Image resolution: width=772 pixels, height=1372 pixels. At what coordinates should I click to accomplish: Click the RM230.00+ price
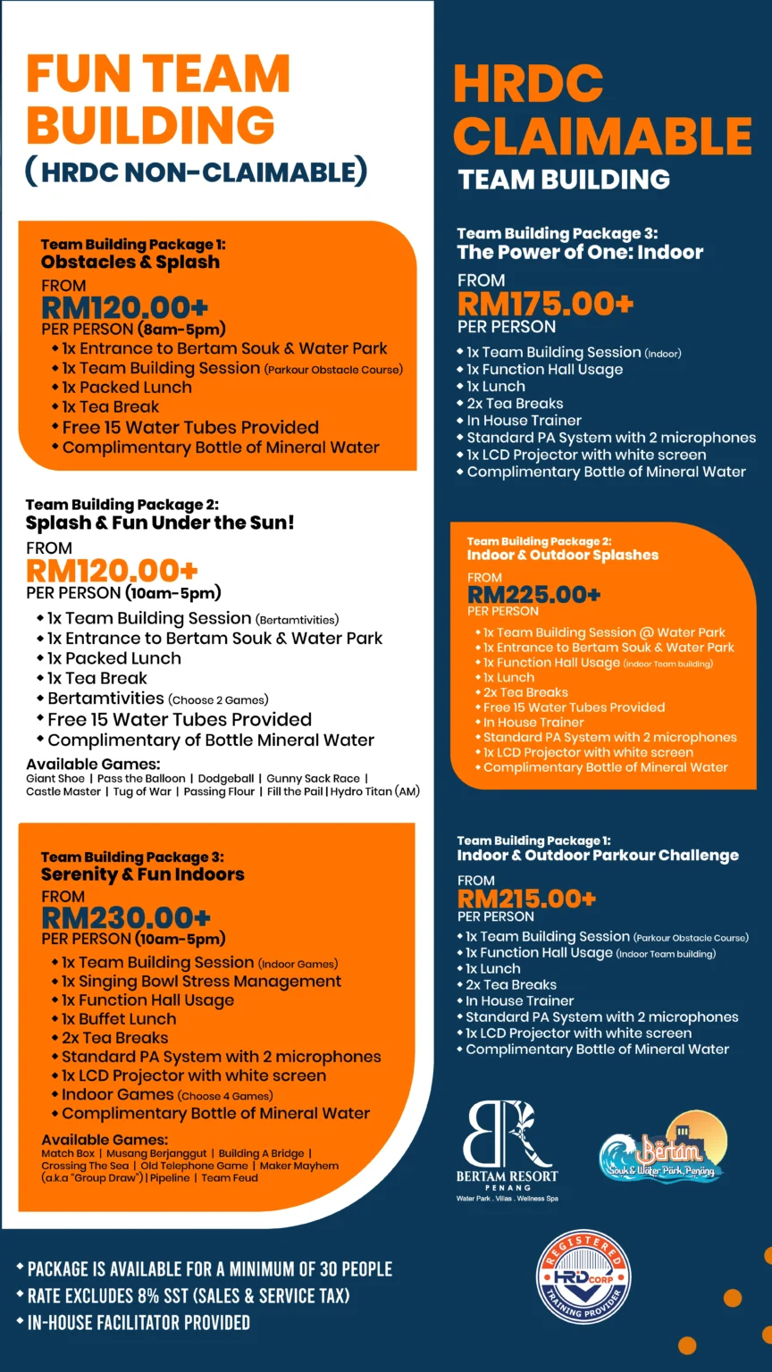point(126,917)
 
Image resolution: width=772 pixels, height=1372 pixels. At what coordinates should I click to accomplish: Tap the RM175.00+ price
point(545,304)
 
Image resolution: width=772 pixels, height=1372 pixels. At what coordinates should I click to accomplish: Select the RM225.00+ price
point(534,594)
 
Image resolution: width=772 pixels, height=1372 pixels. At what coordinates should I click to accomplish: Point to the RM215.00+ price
point(526,899)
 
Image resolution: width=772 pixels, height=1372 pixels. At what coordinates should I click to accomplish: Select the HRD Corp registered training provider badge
point(583,1276)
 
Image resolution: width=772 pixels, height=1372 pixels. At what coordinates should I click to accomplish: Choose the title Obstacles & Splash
point(130,262)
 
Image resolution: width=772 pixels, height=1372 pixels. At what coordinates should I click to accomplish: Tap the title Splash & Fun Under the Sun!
point(160,523)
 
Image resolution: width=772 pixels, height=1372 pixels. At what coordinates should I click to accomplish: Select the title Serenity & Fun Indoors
point(143,874)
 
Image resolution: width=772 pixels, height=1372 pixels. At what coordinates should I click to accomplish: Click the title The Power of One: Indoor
point(580,252)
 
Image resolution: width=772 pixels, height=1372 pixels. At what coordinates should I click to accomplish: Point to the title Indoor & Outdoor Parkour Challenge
point(598,855)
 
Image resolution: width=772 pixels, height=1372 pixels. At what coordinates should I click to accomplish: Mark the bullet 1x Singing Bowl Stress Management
point(201,981)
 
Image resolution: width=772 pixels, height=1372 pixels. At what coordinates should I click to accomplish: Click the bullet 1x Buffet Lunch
point(119,1018)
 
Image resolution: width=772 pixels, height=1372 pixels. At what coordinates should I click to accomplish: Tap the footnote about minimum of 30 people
point(210,1269)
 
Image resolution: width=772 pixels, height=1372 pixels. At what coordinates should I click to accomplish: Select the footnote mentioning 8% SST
point(189,1296)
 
